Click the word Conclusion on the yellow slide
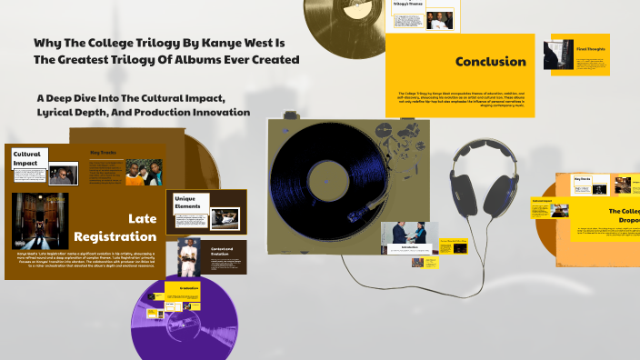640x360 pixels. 491,62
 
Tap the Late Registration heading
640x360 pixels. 126,227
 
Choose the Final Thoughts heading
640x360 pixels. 591,48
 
